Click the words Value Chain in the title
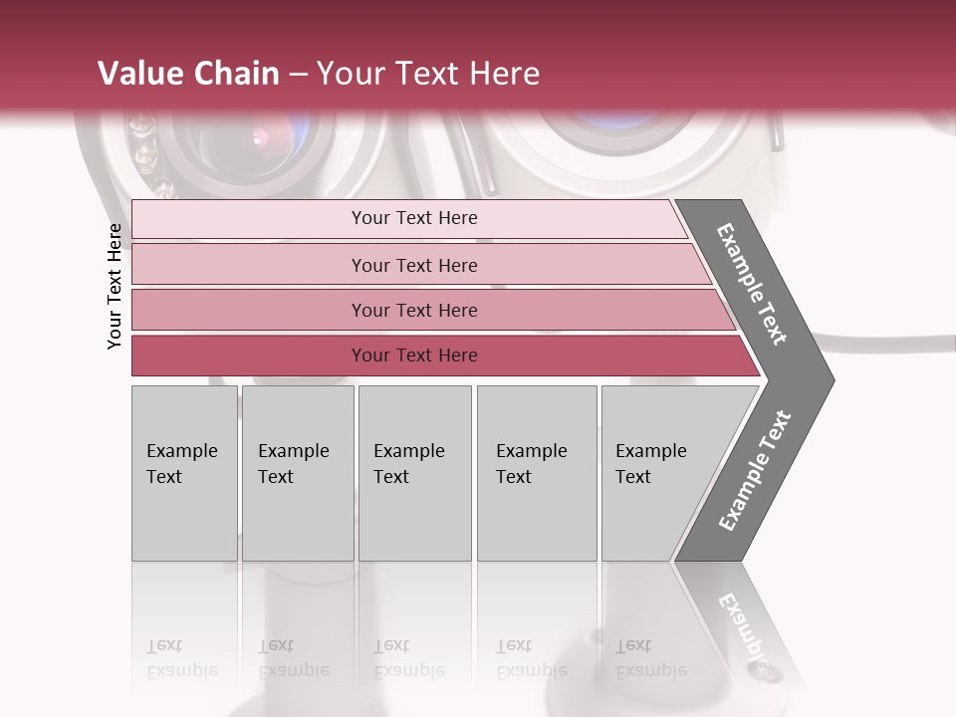[188, 74]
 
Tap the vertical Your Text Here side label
[115, 286]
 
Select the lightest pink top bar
[408, 218]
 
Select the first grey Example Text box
[184, 473]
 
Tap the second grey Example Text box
[298, 473]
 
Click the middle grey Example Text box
[414, 473]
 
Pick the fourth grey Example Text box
[537, 473]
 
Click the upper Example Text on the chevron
[752, 284]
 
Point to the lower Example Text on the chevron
[754, 471]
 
